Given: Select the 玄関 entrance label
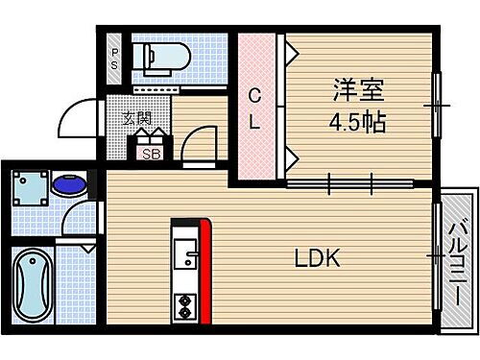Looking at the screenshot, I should [137, 119].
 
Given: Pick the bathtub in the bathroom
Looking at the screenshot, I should [32, 286].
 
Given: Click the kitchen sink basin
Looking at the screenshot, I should [185, 258].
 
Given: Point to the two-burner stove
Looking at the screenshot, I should [183, 303].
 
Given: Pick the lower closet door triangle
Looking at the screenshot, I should [284, 157].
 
